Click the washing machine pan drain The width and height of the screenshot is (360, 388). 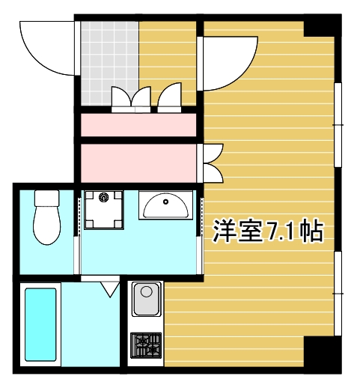pyautogui.click(x=103, y=198)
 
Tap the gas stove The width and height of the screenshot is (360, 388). pyautogui.click(x=146, y=345)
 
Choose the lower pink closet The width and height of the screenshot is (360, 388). pyautogui.click(x=138, y=163)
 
